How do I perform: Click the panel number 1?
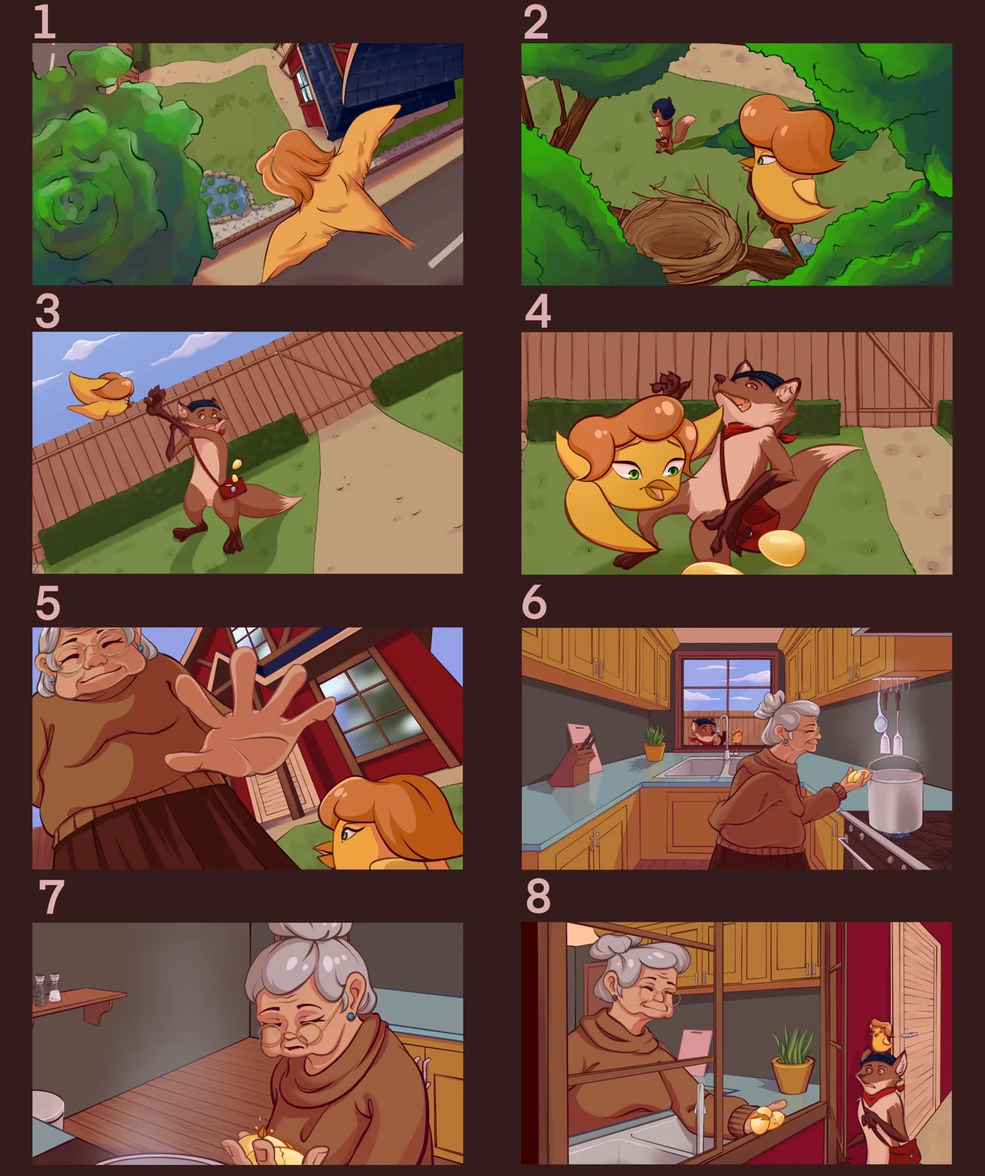coord(45,21)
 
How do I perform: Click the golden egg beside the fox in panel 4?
coord(781,548)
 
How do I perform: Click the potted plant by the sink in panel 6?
coord(653,743)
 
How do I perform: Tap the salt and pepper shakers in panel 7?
coord(46,989)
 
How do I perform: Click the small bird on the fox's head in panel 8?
coord(881,1036)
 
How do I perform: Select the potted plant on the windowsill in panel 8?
coord(792,1058)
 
